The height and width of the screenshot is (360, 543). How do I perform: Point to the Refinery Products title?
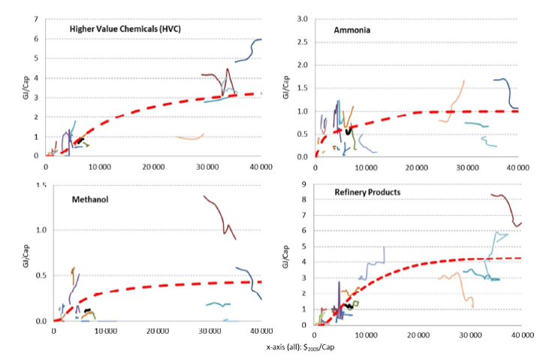(x=367, y=192)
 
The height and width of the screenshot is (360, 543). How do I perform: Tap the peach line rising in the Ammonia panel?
(x=455, y=101)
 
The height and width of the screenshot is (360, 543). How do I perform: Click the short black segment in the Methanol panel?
(x=88, y=310)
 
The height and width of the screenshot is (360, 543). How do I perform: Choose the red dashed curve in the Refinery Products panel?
(x=421, y=263)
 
